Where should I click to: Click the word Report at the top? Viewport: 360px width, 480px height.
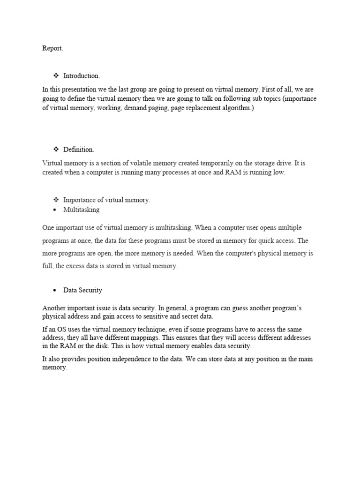click(x=52, y=48)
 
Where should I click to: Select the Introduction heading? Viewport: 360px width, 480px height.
click(x=82, y=75)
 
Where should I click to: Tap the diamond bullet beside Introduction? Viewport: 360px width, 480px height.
click(x=55, y=75)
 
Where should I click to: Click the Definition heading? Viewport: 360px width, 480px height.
click(x=79, y=150)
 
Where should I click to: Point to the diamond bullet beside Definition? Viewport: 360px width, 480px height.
click(x=55, y=150)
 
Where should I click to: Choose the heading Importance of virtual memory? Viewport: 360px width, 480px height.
click(x=107, y=200)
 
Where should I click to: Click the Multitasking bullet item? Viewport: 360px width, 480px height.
click(x=82, y=210)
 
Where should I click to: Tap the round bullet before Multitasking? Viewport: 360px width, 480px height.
click(x=55, y=210)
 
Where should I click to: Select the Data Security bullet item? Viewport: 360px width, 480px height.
click(x=83, y=290)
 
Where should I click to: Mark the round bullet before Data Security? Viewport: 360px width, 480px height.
click(x=55, y=291)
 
